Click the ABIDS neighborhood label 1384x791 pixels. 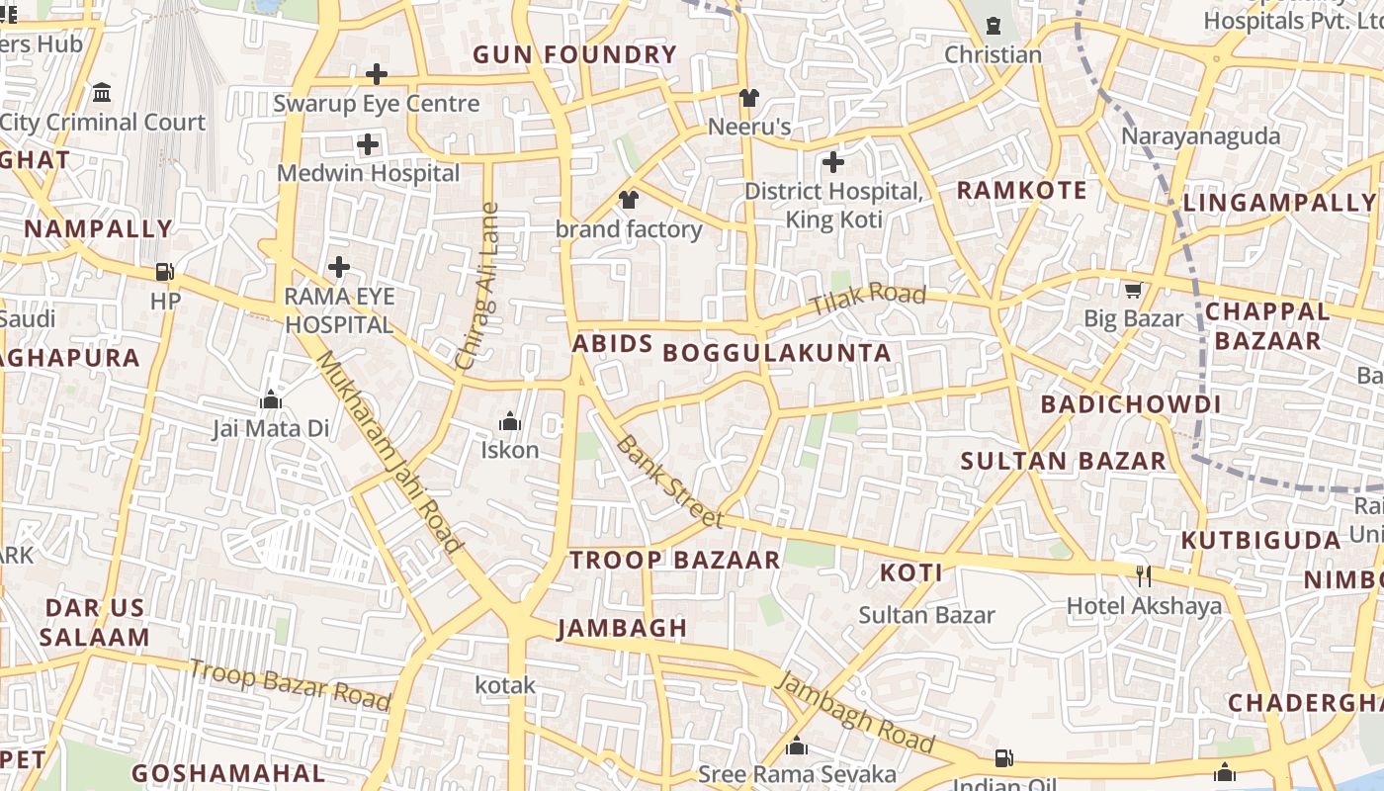click(612, 344)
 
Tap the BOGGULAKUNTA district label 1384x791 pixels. click(776, 353)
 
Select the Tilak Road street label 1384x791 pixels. click(868, 299)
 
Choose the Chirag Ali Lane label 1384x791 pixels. click(477, 287)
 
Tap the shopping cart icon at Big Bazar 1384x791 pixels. click(1133, 290)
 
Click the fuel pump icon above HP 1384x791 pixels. click(165, 272)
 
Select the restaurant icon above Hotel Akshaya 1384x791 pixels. click(1144, 575)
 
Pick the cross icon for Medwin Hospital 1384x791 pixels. click(368, 145)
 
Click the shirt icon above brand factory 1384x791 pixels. click(629, 200)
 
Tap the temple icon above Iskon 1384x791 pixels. click(510, 422)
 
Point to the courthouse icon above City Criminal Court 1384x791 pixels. click(102, 93)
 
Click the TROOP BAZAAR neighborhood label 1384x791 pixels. click(675, 561)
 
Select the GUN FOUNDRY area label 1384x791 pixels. click(574, 55)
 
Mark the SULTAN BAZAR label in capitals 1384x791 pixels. click(1064, 461)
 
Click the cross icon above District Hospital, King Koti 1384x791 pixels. click(833, 161)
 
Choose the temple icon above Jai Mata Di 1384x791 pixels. click(270, 400)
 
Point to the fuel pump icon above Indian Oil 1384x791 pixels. click(1003, 758)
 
